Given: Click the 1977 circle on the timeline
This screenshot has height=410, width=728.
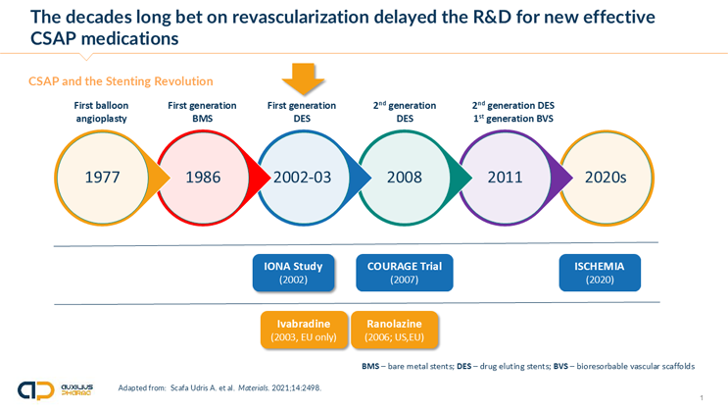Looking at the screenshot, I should click(x=102, y=178).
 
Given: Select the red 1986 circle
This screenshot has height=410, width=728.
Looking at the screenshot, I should click(x=203, y=178).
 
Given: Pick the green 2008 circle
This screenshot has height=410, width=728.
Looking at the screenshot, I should click(x=404, y=178).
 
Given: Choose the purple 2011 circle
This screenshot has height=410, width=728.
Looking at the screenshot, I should click(x=505, y=178).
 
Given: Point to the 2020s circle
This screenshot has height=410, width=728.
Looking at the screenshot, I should click(x=605, y=178).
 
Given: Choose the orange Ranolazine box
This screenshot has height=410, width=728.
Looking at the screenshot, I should click(x=395, y=330).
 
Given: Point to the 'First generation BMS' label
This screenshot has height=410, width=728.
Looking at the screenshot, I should click(x=203, y=112).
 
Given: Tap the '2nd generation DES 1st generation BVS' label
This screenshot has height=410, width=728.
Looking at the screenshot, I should click(x=505, y=112).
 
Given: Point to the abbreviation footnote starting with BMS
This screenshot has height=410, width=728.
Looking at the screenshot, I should click(x=528, y=366).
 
